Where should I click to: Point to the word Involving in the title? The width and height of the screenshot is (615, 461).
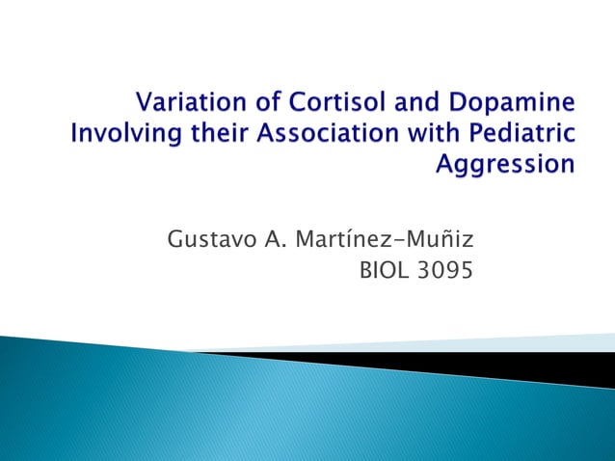(x=120, y=133)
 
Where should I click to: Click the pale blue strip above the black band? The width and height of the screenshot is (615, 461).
(x=540, y=342)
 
